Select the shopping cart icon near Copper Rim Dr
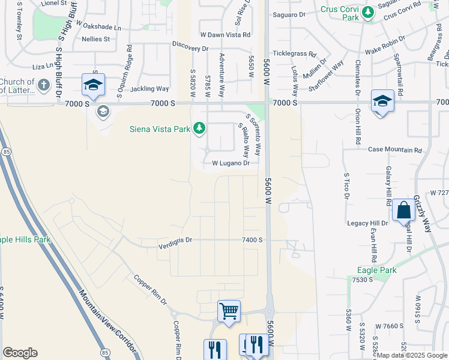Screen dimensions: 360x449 pos(229,311)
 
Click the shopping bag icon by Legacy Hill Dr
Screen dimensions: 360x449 pos(403,211)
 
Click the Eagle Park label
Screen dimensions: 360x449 pos(377,270)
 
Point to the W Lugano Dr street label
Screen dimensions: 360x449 pos(231,163)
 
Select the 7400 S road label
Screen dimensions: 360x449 pos(252,239)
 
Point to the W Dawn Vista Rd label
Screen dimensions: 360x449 pos(224,34)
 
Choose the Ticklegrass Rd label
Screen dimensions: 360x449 pos(294,53)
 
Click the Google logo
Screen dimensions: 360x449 pos(20,353)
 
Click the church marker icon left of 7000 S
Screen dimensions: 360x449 pos(43,86)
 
